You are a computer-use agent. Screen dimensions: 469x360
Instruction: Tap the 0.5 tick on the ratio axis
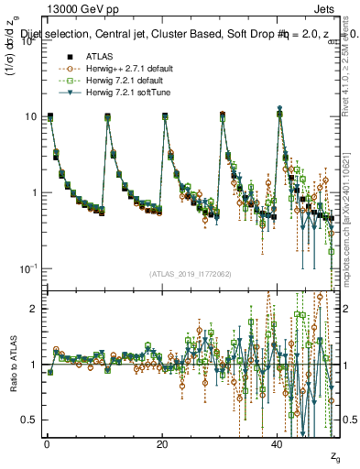(x=31, y=420)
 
